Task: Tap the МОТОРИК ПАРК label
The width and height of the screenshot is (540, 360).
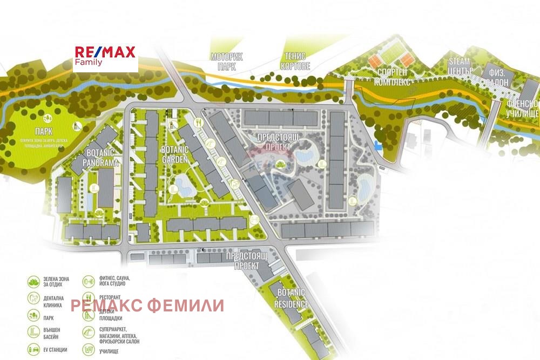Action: click(x=226, y=61)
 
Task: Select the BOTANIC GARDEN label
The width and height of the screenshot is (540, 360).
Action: click(x=174, y=154)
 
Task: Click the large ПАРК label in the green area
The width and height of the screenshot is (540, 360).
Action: click(x=29, y=132)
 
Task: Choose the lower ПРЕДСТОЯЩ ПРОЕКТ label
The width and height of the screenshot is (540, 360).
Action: click(x=247, y=260)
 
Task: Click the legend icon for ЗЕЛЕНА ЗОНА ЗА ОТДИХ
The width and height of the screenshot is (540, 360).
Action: click(x=33, y=281)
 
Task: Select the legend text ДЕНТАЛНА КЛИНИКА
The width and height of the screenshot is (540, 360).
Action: click(x=55, y=301)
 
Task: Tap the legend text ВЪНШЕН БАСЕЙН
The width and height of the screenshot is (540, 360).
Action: click(x=53, y=334)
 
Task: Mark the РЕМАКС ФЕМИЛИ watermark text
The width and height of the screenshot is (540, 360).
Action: click(x=147, y=306)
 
